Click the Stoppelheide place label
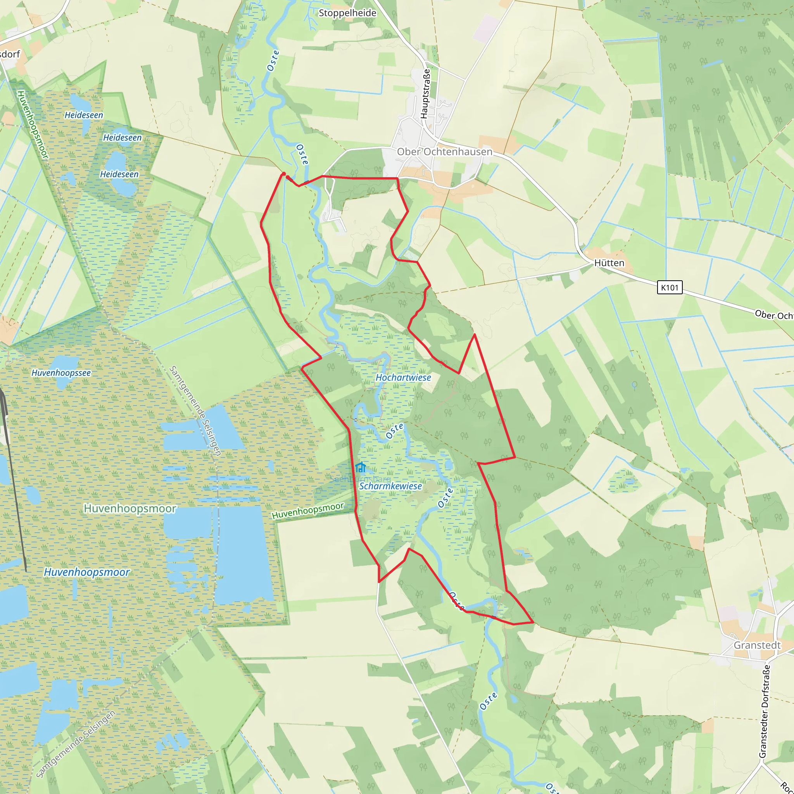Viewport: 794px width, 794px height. pyautogui.click(x=347, y=13)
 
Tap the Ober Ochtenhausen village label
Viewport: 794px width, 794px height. pyautogui.click(x=444, y=152)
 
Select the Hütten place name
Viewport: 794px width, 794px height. pyautogui.click(x=609, y=263)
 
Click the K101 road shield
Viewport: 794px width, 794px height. pyautogui.click(x=670, y=287)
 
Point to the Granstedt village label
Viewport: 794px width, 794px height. pyautogui.click(x=757, y=645)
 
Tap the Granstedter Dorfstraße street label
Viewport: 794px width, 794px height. pyautogui.click(x=764, y=711)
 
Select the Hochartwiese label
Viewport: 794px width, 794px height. pyautogui.click(x=403, y=377)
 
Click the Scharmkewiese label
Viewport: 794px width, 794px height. pyautogui.click(x=390, y=486)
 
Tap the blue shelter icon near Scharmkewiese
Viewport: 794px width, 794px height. pyautogui.click(x=361, y=467)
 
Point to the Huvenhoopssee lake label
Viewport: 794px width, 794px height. pyautogui.click(x=61, y=373)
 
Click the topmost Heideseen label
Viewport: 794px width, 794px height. pyautogui.click(x=84, y=115)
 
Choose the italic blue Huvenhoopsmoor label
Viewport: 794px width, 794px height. pyautogui.click(x=87, y=572)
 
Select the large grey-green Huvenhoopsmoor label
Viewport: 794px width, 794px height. pyautogui.click(x=130, y=508)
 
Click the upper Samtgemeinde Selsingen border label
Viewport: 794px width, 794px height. pyautogui.click(x=196, y=411)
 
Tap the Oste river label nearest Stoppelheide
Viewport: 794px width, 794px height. pyautogui.click(x=273, y=61)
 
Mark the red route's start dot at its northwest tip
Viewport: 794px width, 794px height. pyautogui.click(x=283, y=174)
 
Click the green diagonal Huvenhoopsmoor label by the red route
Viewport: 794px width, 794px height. pyautogui.click(x=308, y=511)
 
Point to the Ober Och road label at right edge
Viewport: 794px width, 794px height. pyautogui.click(x=773, y=315)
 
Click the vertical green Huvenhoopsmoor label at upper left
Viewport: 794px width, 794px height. pyautogui.click(x=33, y=125)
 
